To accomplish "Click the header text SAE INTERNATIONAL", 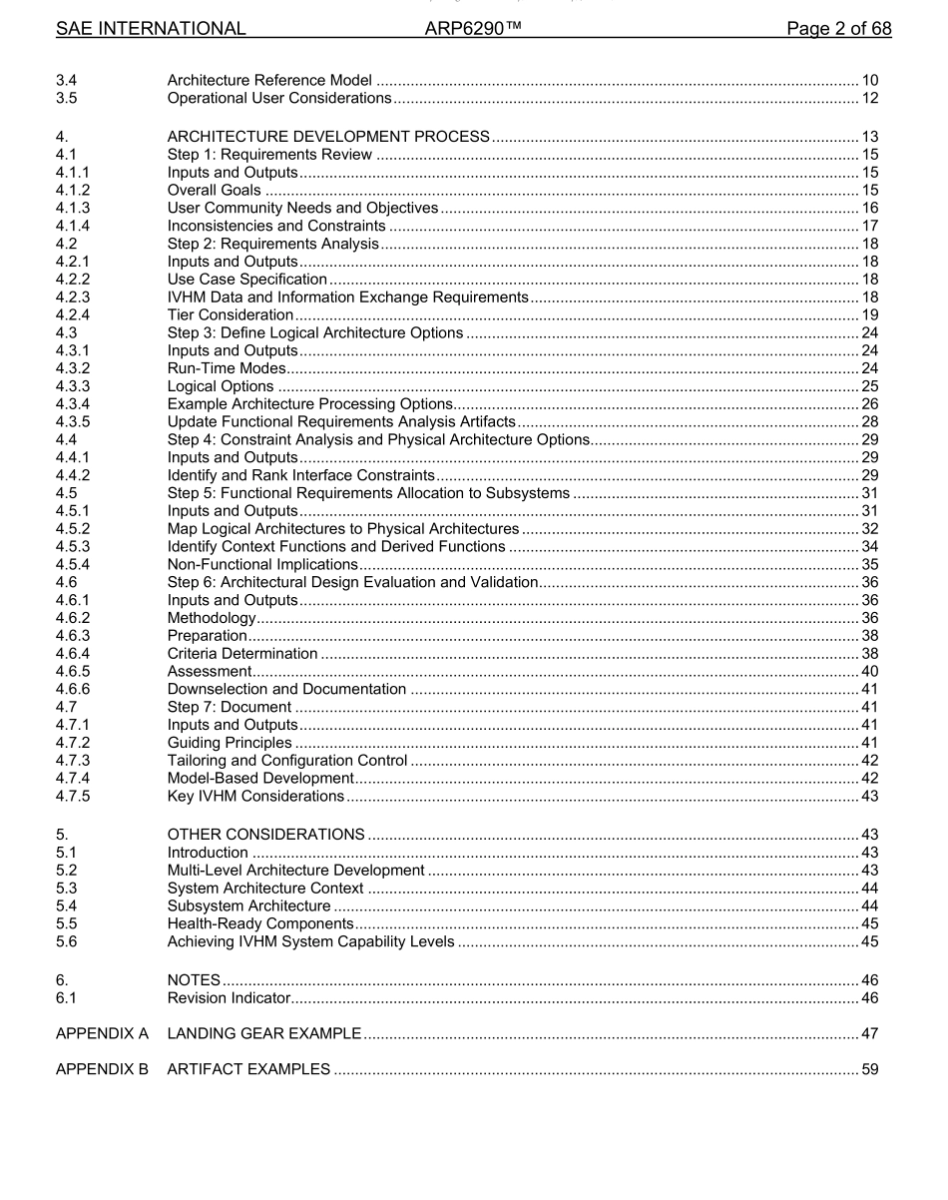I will coord(151,29).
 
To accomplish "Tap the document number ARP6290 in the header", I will coord(473,29).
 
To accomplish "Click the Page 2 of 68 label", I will coord(838,29).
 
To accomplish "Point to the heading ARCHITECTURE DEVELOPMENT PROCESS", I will coord(328,137).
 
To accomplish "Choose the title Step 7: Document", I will coord(229,707).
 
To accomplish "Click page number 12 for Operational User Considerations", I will coord(869,98).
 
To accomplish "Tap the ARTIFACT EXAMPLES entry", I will coord(248,1069).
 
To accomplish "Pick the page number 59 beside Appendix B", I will coord(869,1069).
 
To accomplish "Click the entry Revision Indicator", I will coord(229,998).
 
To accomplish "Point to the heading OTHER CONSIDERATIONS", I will coord(265,835).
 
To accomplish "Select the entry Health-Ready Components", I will coord(259,923).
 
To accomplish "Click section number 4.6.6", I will coord(74,689).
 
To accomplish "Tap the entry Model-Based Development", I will coord(260,778).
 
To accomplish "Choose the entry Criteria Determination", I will coord(242,654).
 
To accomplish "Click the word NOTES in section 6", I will coord(194,980).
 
